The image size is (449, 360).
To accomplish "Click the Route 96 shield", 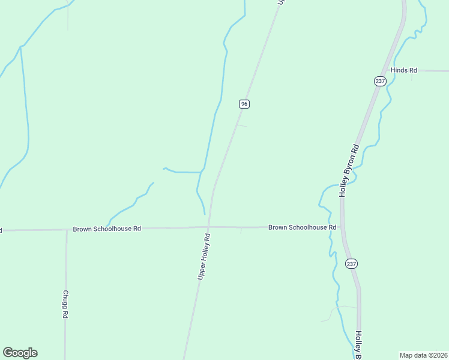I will [x=244, y=104].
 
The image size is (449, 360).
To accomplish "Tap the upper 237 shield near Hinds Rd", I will [x=379, y=81].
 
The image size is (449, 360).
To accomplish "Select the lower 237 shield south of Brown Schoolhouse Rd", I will [x=351, y=263].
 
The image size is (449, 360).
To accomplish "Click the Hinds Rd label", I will [x=403, y=70].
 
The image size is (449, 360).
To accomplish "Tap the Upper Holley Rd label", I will [x=204, y=256].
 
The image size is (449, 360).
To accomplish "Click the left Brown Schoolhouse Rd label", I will [x=107, y=229].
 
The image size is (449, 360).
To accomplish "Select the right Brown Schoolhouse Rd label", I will [x=302, y=227].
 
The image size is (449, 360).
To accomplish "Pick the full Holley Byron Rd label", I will [x=349, y=170].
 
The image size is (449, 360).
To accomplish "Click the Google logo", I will [x=20, y=353].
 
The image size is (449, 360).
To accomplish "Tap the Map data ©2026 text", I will [x=423, y=355].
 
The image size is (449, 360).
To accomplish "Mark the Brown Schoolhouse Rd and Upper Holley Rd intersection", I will [x=209, y=227].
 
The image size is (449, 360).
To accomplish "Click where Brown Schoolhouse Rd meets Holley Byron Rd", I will [x=342, y=227].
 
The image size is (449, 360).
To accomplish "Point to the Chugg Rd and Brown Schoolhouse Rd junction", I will [x=67, y=229].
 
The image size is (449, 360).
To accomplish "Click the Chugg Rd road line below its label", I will [x=65, y=336].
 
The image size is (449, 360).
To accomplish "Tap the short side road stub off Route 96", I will [x=241, y=125].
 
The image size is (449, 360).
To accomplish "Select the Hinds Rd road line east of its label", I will [x=433, y=71].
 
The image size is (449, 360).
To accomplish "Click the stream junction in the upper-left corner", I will [x=21, y=46].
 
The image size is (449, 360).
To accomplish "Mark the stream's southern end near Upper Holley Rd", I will [x=205, y=214].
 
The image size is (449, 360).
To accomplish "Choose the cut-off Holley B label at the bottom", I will [x=358, y=346].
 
